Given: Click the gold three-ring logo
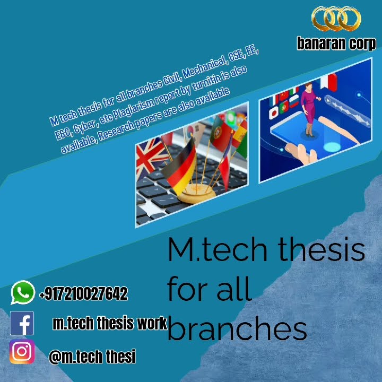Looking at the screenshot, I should click(336, 20).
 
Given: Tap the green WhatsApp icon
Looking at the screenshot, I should click(22, 293).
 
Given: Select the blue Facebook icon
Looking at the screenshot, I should click(22, 323).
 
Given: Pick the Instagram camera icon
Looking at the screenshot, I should click(22, 352).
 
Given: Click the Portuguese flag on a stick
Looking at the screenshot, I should click(218, 133).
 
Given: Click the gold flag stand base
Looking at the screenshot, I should click(196, 192).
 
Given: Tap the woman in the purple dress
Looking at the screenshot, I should click(308, 109).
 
